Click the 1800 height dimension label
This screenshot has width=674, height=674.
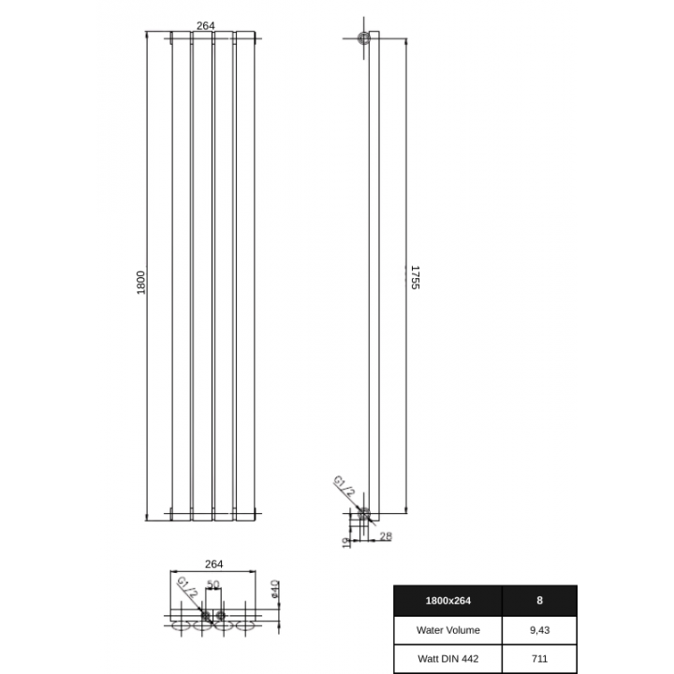click(x=141, y=282)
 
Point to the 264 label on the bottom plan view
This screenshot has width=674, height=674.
click(x=213, y=564)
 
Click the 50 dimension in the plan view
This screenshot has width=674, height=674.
click(x=212, y=584)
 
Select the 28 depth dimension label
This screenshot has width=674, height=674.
click(x=386, y=535)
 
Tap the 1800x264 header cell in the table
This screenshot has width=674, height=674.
click(x=447, y=601)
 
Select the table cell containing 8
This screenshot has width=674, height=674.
click(x=539, y=601)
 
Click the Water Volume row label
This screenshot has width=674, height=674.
click(x=447, y=630)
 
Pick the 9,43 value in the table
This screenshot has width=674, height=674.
click(x=539, y=630)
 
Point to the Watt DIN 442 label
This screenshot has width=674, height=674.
click(x=447, y=658)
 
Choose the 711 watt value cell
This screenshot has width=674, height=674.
click(x=539, y=658)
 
